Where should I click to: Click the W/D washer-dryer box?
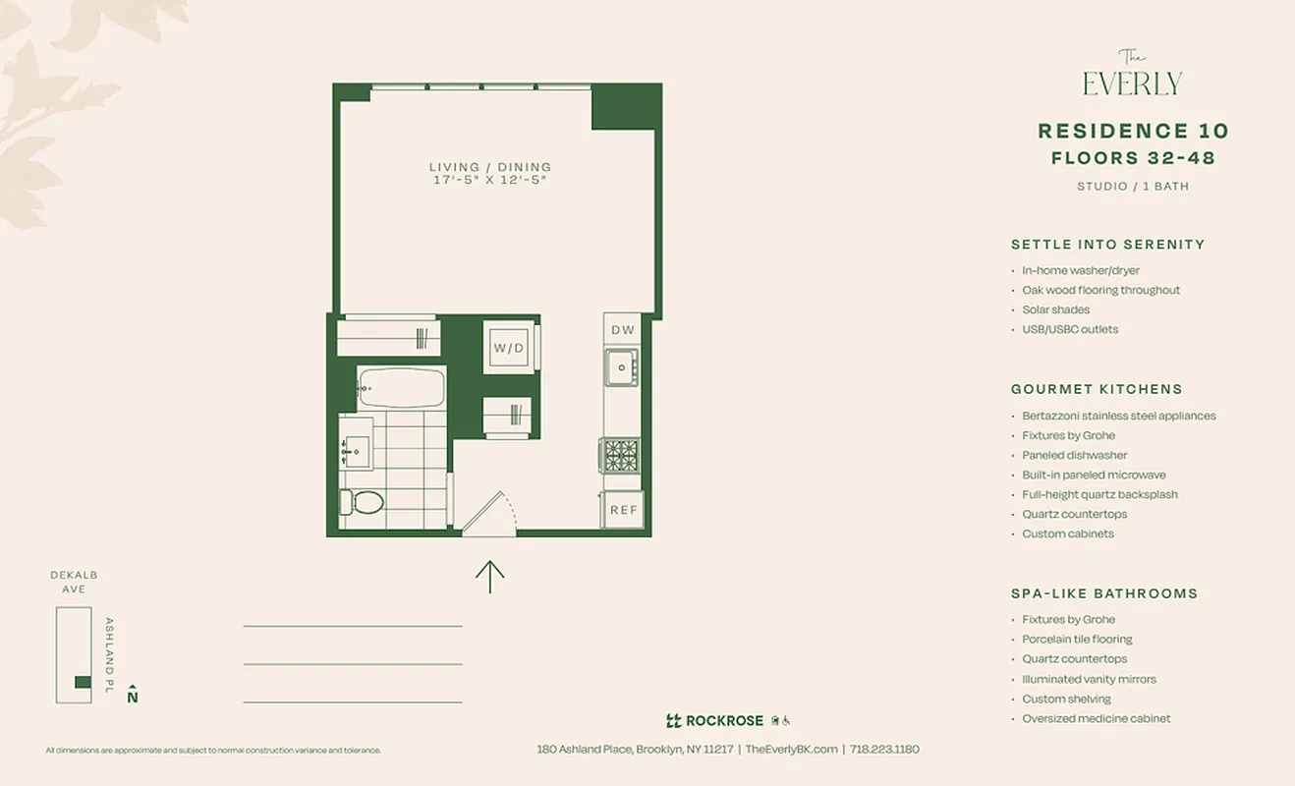(x=510, y=347)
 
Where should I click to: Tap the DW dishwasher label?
(x=623, y=330)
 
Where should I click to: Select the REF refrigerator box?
(x=623, y=510)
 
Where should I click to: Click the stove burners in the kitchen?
(x=621, y=455)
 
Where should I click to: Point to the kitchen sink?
(x=621, y=368)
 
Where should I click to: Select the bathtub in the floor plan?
(x=401, y=387)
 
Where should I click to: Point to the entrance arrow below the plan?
(x=489, y=576)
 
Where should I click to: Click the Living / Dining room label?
(x=490, y=167)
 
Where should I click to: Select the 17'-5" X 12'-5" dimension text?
(x=490, y=181)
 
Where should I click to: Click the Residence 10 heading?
(x=1133, y=131)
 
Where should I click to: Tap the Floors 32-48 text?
(x=1133, y=158)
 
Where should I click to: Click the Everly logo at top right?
(x=1132, y=76)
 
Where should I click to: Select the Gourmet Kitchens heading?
(x=1097, y=389)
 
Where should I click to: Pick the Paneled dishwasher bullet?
(x=1074, y=455)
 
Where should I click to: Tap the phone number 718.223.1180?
(x=884, y=749)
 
